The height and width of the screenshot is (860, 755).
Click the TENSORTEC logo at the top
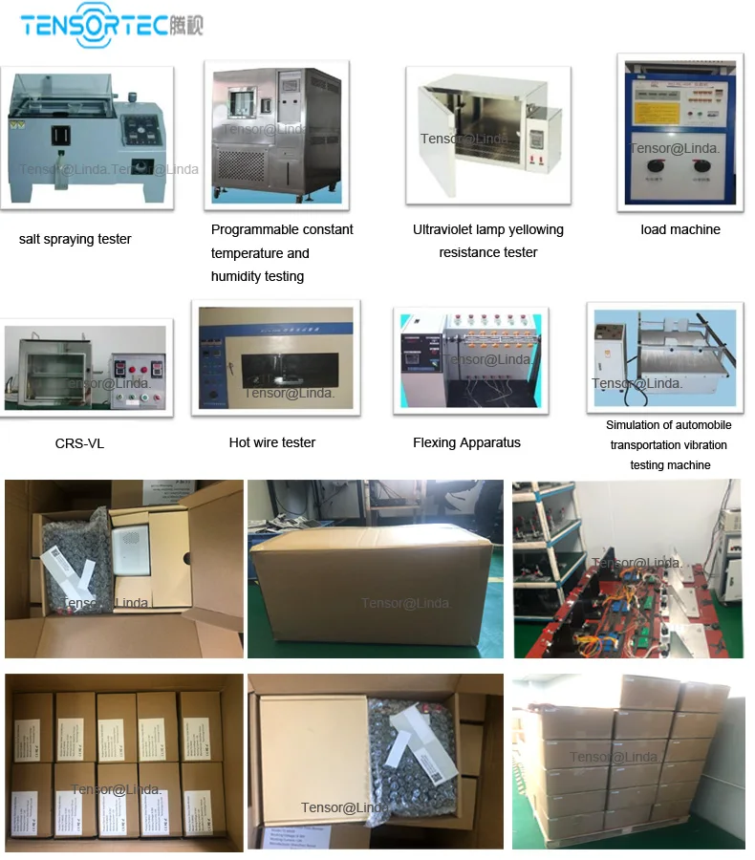(111, 26)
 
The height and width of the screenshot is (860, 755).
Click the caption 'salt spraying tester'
(75, 239)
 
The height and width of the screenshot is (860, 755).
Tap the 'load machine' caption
(680, 229)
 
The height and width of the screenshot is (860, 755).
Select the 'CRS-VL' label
(79, 443)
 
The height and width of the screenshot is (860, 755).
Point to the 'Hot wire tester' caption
(272, 442)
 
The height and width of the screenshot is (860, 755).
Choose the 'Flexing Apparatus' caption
(466, 442)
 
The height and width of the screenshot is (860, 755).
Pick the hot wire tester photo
(275, 358)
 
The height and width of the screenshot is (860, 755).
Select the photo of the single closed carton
(375, 569)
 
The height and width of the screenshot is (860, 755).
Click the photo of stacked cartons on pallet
(628, 762)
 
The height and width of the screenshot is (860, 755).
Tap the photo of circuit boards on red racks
(627, 569)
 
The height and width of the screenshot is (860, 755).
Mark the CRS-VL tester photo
(87, 368)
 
